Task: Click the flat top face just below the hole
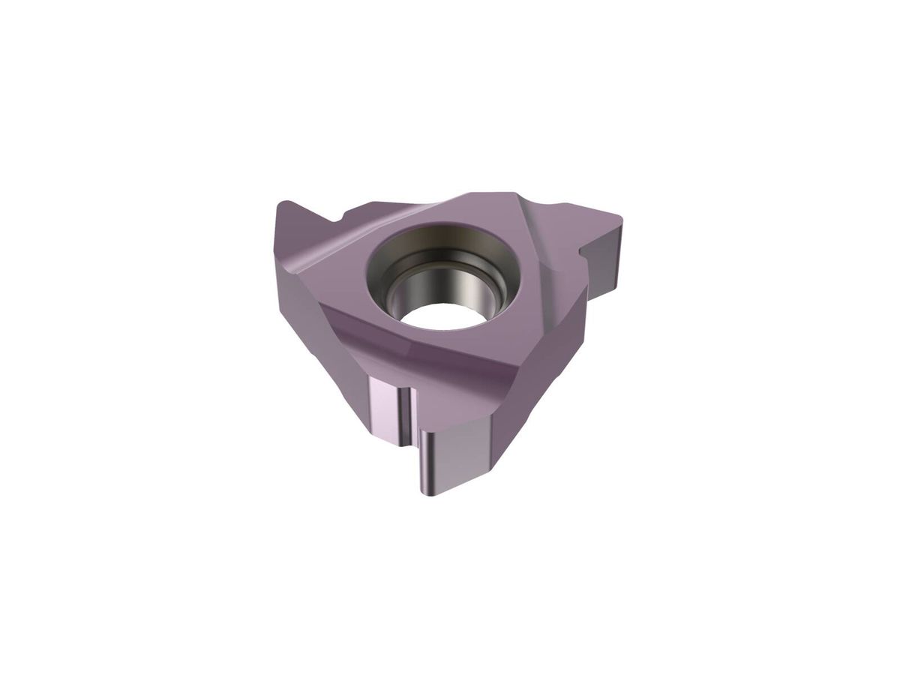coord(450,352)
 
